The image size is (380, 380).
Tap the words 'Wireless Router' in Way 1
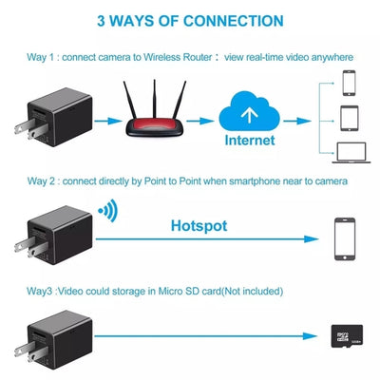pos(180,57)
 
